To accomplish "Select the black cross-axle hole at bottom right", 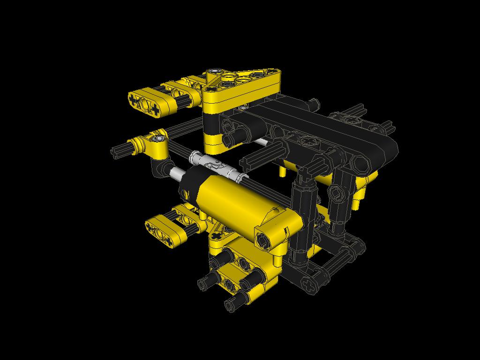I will [307, 284].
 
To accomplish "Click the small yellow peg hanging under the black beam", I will [283, 172].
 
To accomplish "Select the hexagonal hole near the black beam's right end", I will [360, 164].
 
